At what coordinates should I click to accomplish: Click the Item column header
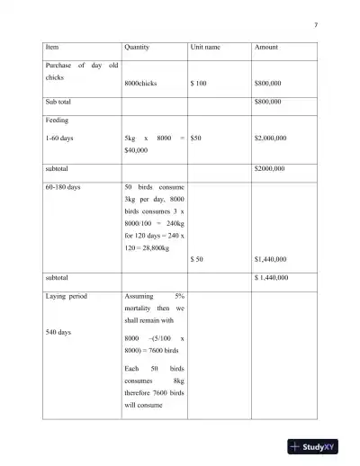point(52,46)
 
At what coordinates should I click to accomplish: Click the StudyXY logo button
point(318,446)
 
